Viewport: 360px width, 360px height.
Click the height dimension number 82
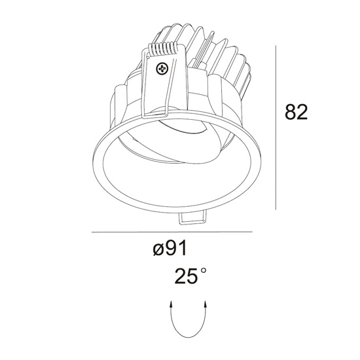[296, 112]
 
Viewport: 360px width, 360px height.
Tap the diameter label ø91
[170, 248]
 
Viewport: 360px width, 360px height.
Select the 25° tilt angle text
[190, 276]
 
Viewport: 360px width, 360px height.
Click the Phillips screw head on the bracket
[162, 68]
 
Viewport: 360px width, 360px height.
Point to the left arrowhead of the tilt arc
[171, 304]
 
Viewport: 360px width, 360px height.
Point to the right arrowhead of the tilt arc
[206, 304]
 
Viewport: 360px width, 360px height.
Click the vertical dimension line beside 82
[276, 128]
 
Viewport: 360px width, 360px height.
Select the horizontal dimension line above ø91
[172, 232]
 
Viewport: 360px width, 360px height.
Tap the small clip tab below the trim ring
[192, 218]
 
